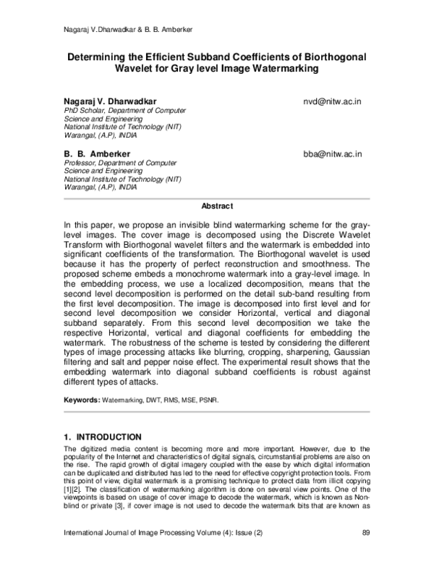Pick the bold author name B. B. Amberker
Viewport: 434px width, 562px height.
[x=98, y=154]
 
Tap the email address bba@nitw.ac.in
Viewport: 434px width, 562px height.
[x=333, y=154]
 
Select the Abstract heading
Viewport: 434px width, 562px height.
[x=216, y=206]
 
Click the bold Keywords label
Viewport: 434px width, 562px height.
[x=81, y=399]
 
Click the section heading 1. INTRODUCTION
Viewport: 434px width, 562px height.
[x=103, y=437]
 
